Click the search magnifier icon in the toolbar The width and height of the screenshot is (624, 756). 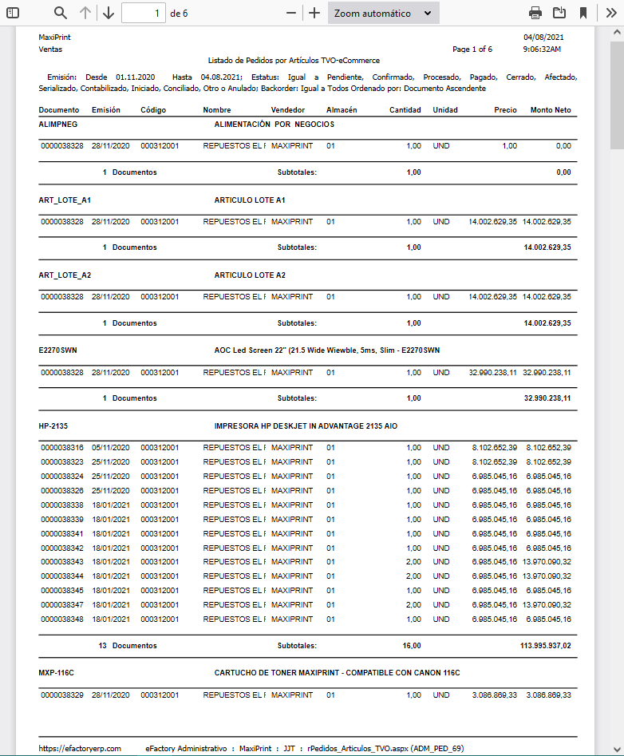[61, 13]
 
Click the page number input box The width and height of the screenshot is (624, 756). [144, 13]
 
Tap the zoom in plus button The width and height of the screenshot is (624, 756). [314, 13]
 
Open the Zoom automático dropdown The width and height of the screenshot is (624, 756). [383, 13]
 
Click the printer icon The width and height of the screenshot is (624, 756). [535, 13]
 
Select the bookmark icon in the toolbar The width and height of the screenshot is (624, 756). [583, 13]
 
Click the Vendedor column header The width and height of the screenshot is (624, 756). [288, 109]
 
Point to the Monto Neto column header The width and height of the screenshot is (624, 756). [551, 109]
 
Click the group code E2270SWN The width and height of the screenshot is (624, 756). [57, 350]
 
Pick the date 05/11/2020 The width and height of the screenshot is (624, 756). [110, 448]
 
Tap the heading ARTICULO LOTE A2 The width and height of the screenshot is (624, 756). [250, 275]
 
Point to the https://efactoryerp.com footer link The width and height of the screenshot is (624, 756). [80, 748]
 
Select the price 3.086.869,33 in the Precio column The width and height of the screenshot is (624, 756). [494, 695]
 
